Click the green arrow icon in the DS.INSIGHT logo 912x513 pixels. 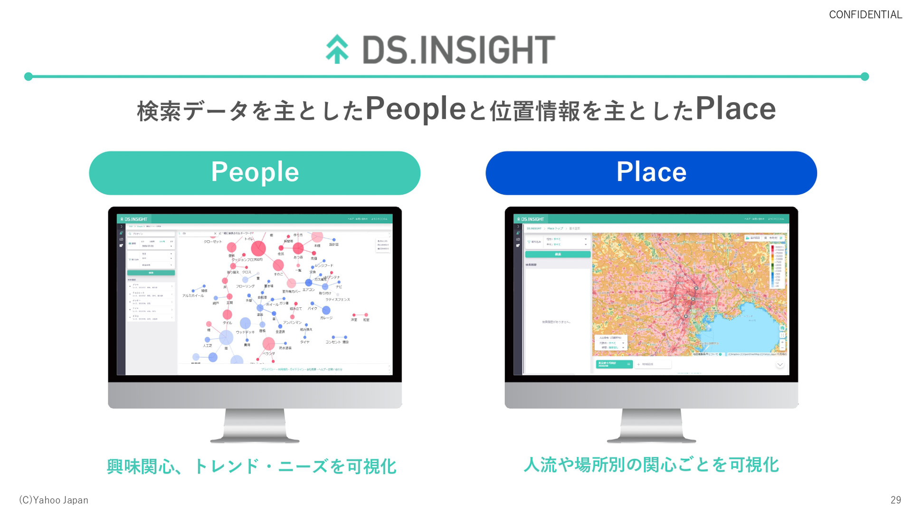[337, 49]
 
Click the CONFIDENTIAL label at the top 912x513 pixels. [865, 15]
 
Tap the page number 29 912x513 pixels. [895, 500]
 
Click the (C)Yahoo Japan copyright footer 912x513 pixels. [54, 500]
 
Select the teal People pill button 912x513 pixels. [255, 173]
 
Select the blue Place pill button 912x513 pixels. [651, 173]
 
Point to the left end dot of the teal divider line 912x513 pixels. [28, 76]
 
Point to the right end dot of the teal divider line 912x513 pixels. [864, 76]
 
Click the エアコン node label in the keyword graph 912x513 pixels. [309, 289]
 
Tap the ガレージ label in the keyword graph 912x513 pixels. [326, 318]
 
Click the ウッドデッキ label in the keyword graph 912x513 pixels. [245, 332]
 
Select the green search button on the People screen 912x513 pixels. [151, 273]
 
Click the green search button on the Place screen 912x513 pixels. [558, 255]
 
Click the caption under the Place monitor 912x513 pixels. [651, 465]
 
